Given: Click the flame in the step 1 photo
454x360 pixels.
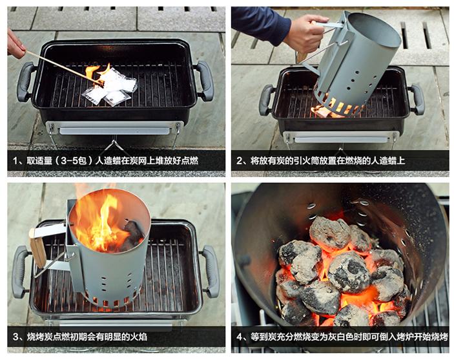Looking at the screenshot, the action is click(x=97, y=75).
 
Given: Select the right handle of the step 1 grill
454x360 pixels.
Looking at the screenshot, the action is click(x=205, y=80).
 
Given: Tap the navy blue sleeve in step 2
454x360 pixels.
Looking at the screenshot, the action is click(x=259, y=24).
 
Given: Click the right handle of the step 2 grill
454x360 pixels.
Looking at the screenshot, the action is click(x=417, y=99).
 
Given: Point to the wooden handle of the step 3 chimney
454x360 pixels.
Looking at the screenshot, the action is click(x=37, y=248).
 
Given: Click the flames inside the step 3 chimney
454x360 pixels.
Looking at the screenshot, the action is click(x=101, y=223).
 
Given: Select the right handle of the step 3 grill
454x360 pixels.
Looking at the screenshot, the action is click(x=211, y=271).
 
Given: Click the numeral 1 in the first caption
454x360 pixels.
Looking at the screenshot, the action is click(x=16, y=160).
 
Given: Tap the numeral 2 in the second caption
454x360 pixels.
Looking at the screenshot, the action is click(x=240, y=160).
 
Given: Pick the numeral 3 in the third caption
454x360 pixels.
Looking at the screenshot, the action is click(x=16, y=337).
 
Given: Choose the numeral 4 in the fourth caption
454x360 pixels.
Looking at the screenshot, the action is click(x=240, y=337).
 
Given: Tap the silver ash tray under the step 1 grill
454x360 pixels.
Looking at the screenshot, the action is click(x=114, y=131).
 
